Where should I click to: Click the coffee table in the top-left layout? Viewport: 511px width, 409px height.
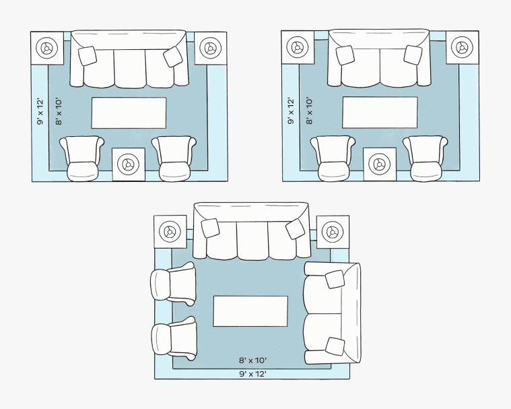[129, 113]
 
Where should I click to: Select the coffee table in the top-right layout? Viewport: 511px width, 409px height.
[380, 113]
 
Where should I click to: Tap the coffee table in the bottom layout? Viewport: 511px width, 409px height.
[250, 311]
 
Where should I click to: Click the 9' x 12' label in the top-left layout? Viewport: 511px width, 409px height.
[40, 111]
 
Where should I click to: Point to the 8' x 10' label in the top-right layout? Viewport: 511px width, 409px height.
[309, 111]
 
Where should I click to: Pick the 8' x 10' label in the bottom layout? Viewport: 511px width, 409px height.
[253, 360]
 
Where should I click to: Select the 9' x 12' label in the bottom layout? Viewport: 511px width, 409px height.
[253, 374]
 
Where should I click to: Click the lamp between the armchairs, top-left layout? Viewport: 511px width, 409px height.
[128, 164]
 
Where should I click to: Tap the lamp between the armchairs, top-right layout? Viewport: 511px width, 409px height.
[379, 164]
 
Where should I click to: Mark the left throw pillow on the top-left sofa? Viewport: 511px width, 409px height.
[88, 56]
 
